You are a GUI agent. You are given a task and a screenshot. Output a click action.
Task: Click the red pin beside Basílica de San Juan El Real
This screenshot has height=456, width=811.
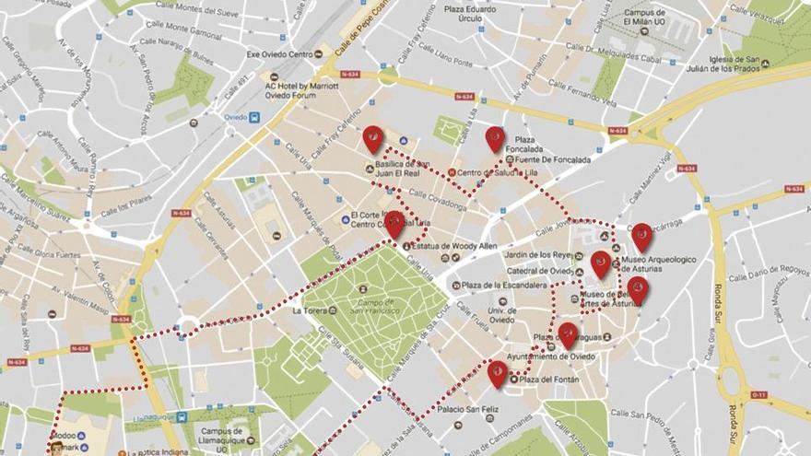point(372,138)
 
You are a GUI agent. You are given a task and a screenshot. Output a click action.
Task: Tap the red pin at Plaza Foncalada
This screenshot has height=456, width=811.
point(495,138)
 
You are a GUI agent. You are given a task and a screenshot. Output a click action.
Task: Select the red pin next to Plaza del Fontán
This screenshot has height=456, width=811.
point(498,372)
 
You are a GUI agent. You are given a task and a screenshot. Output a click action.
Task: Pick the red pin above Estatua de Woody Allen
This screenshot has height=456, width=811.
point(394,224)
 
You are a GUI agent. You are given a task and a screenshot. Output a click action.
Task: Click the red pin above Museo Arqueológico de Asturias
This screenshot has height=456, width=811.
point(641,236)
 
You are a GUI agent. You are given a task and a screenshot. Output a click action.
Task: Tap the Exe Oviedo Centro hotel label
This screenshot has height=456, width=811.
point(279,53)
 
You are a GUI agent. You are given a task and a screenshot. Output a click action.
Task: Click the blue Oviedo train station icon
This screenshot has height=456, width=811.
point(254,117)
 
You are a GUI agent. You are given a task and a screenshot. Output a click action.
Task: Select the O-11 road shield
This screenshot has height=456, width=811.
point(758,395)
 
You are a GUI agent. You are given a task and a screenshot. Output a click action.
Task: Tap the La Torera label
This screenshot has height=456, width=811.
point(311,310)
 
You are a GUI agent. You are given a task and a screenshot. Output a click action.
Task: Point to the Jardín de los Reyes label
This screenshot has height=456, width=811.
point(538,255)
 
